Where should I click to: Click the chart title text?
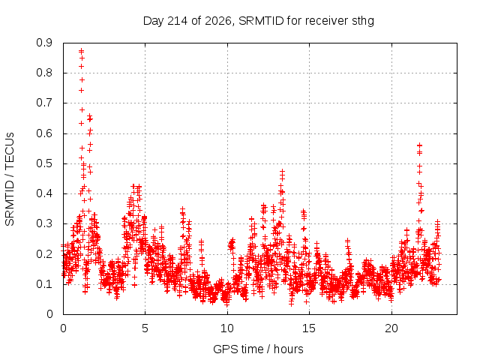258,21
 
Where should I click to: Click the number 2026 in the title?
217,21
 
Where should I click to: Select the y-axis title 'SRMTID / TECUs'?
10,179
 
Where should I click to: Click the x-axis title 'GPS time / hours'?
258,349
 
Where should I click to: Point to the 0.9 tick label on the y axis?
44,43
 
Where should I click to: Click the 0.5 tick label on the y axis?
44,163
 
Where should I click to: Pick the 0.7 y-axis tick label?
44,103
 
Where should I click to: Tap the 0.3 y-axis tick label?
44,223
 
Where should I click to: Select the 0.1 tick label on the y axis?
44,284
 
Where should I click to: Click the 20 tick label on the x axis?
391,328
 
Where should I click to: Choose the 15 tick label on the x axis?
309,328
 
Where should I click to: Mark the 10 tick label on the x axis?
227,328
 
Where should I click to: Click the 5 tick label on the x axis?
145,328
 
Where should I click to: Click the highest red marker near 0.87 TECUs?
81,51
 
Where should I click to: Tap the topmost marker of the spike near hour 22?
420,145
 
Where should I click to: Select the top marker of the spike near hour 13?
282,172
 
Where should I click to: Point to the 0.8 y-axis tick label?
44,73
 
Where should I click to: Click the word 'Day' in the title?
154,22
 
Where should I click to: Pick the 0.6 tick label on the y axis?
44,133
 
